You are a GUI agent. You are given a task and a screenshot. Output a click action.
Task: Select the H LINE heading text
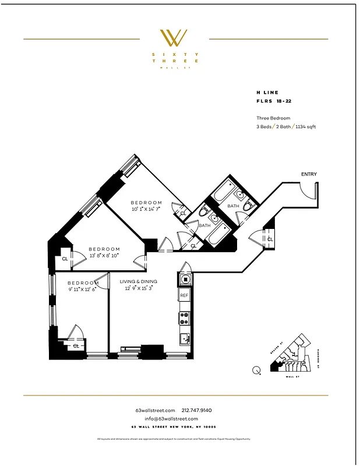(267, 93)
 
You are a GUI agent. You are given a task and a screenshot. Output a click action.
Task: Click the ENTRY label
(309, 174)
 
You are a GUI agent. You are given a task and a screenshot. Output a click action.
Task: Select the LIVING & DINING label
(138, 281)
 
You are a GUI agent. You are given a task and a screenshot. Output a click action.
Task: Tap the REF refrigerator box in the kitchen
(184, 296)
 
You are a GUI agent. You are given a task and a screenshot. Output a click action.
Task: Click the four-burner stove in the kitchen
(184, 318)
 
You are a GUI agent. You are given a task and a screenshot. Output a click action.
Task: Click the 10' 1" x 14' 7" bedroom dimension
(146, 209)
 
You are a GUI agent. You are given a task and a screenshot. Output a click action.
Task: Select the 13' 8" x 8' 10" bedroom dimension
(104, 255)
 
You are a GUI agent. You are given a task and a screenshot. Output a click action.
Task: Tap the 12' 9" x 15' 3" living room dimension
(138, 288)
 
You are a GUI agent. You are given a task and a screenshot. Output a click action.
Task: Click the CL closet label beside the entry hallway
(270, 239)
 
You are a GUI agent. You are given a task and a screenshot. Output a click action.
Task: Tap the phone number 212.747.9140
(201, 411)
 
